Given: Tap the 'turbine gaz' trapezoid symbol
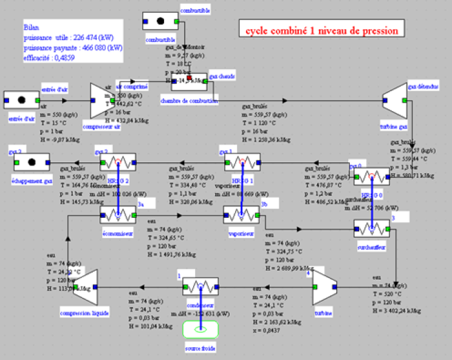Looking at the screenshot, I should [x=393, y=100].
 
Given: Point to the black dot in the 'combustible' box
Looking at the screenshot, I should [x=159, y=21].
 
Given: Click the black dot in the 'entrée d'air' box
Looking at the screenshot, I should [x=21, y=100].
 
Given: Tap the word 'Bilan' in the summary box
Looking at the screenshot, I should [x=32, y=27].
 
